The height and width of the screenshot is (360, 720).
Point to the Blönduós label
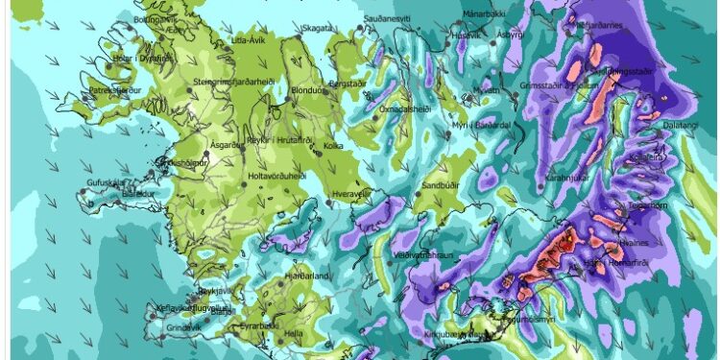coord(310,90)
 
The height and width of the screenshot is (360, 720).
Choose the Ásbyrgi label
coord(508,60)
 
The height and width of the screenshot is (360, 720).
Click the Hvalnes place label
coord(645,246)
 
